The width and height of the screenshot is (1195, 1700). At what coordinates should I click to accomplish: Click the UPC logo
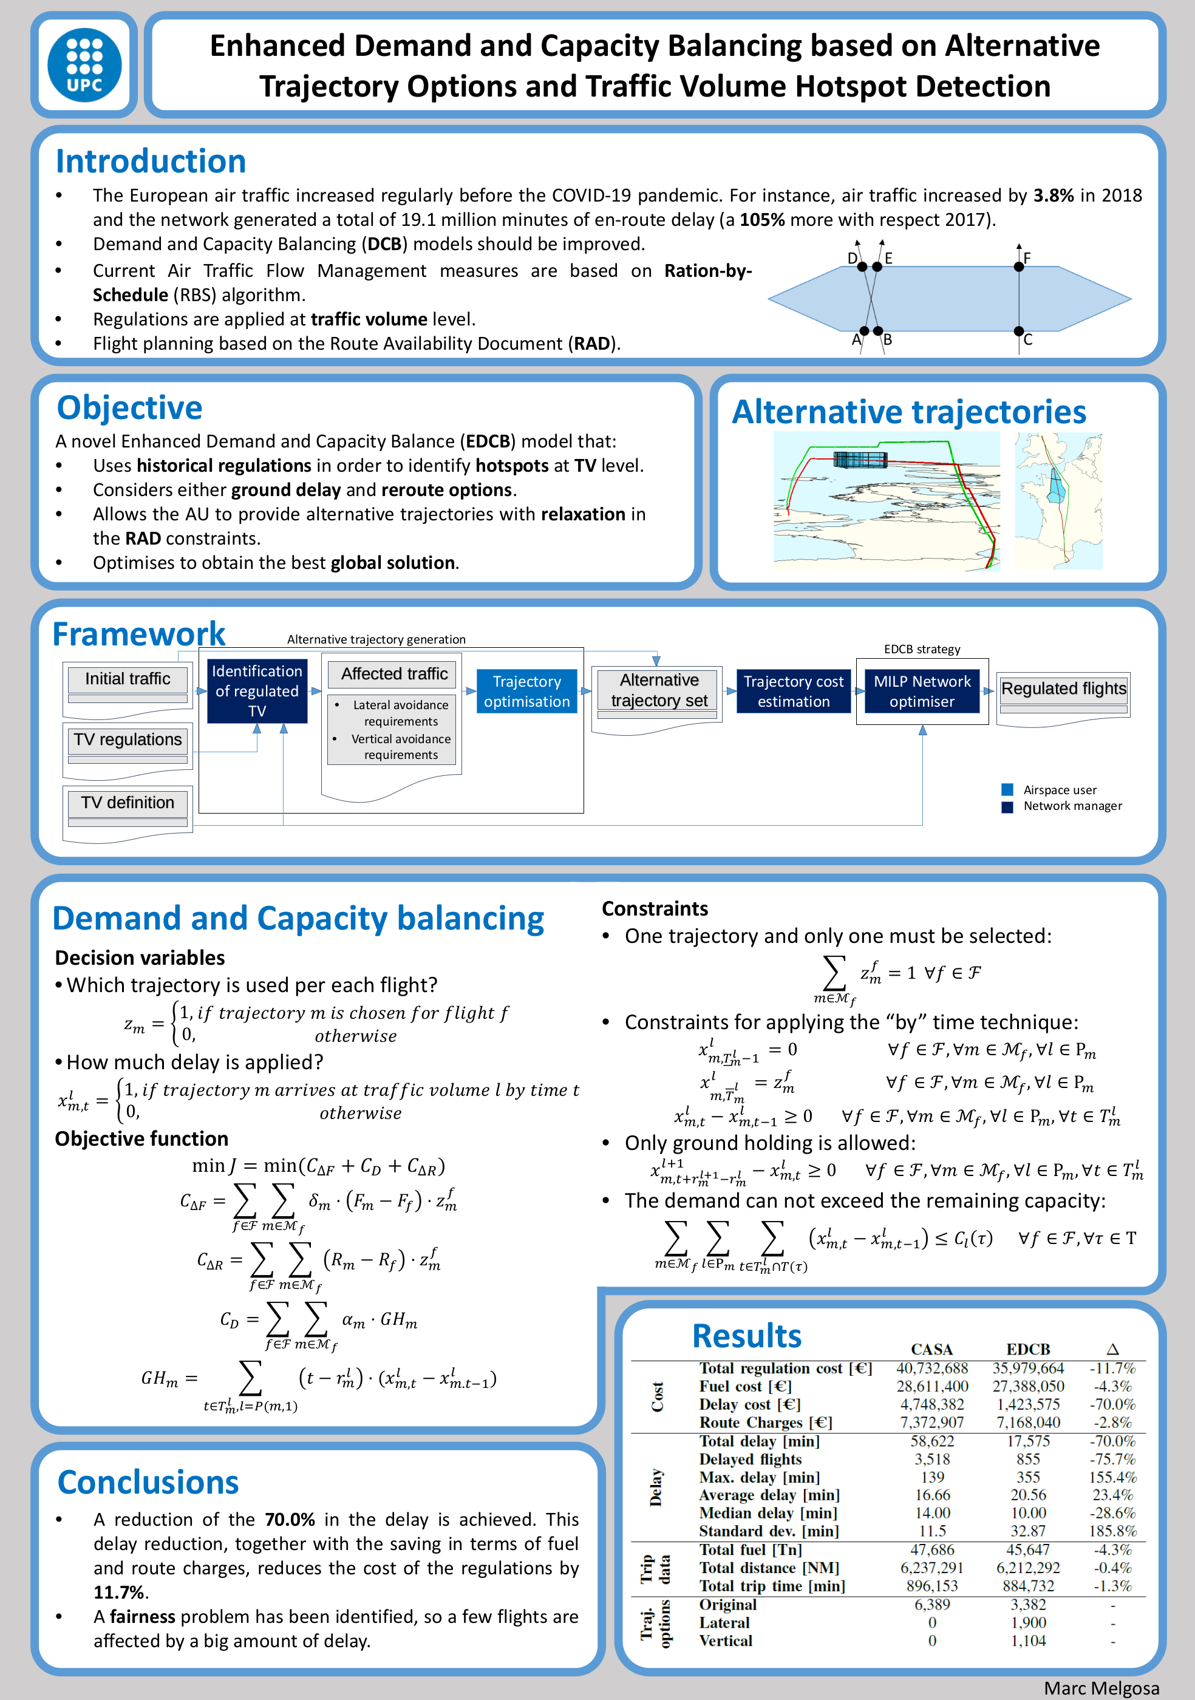pos(84,65)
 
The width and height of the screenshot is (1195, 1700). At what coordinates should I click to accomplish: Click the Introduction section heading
pos(151,161)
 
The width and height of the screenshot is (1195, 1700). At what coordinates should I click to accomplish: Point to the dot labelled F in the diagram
pos(1019,267)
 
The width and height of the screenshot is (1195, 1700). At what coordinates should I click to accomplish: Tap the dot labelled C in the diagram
pos(1019,331)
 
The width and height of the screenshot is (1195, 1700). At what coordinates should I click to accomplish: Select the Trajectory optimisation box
pos(526,692)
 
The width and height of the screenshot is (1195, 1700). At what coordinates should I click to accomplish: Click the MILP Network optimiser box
pos(922,692)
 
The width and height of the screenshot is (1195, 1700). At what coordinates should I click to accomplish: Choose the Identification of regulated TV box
pos(257,691)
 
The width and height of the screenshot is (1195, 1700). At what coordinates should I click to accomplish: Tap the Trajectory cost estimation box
pos(793,692)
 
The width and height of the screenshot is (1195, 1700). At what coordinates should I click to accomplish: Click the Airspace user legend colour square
pos(1007,789)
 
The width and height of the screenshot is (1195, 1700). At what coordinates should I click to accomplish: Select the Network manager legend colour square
pos(1007,806)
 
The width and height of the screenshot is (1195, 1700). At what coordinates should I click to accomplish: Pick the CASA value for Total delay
pos(932,1441)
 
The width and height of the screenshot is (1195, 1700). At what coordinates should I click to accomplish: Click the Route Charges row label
pos(766,1423)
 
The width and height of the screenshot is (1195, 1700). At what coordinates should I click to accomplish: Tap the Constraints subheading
pos(655,908)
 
